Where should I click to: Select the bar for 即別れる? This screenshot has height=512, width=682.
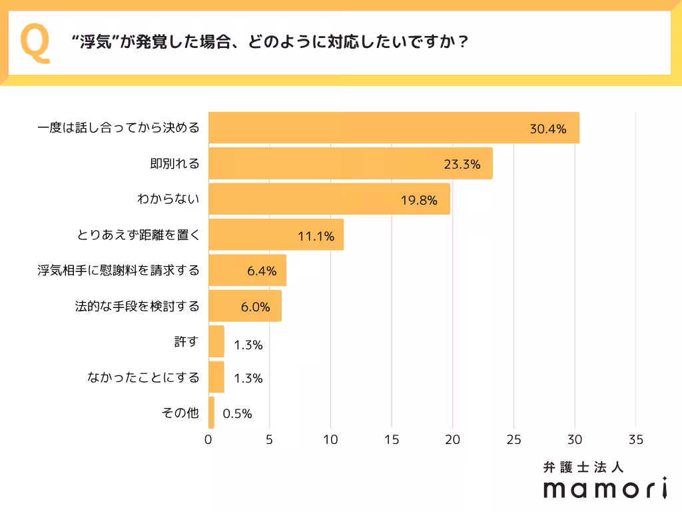(x=350, y=164)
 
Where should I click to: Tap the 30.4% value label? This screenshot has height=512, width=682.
(x=547, y=129)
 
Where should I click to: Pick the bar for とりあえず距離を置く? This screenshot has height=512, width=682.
(x=276, y=235)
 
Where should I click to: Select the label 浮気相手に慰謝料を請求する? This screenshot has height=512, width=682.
(x=118, y=271)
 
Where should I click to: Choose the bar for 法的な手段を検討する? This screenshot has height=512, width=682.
(x=244, y=306)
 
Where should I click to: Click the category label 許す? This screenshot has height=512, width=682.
(x=186, y=342)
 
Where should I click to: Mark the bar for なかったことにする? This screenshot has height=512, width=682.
(x=216, y=377)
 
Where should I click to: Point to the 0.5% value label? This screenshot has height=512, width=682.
(x=237, y=414)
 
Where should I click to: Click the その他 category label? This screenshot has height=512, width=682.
(x=180, y=413)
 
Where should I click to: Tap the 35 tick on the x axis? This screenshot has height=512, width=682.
(x=635, y=439)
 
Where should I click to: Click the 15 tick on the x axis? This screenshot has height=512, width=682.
(x=392, y=439)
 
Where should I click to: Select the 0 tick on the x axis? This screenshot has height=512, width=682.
(x=208, y=439)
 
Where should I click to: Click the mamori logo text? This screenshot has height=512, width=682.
(x=605, y=489)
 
